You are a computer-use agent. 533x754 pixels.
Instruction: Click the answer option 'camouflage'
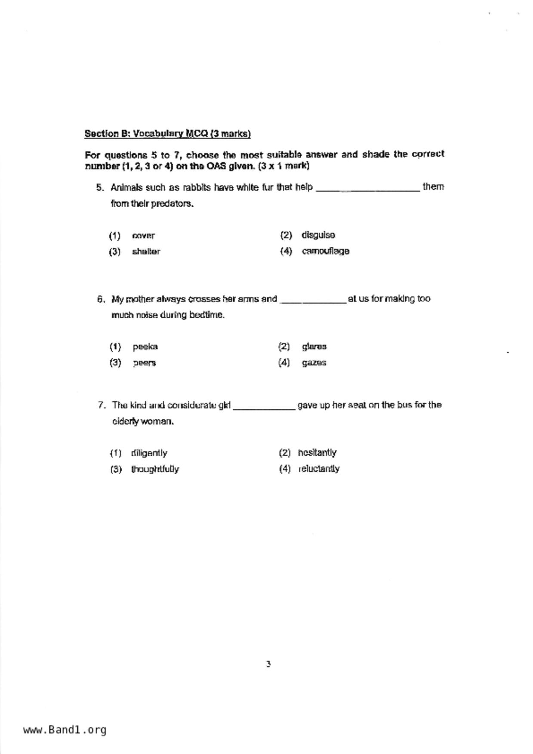[325, 251]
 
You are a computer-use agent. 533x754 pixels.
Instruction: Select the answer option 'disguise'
[318, 235]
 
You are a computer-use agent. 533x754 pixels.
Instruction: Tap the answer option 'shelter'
[146, 251]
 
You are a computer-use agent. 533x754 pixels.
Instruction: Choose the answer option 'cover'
[143, 236]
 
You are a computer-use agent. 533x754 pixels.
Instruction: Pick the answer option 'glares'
[314, 346]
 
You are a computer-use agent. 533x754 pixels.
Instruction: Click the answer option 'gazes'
[314, 363]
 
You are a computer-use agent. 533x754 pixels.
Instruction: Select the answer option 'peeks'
[145, 346]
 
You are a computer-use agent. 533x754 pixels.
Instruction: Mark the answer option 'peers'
[144, 363]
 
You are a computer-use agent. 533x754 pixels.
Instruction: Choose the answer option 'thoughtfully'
[155, 469]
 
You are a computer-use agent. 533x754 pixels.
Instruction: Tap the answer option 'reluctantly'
[319, 469]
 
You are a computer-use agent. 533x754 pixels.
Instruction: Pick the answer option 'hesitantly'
[317, 453]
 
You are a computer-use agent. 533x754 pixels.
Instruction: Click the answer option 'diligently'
[149, 453]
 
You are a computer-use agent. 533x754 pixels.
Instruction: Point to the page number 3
[268, 664]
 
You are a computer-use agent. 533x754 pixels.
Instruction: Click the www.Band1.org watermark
[65, 730]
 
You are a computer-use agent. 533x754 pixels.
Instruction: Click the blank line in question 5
[368, 189]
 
